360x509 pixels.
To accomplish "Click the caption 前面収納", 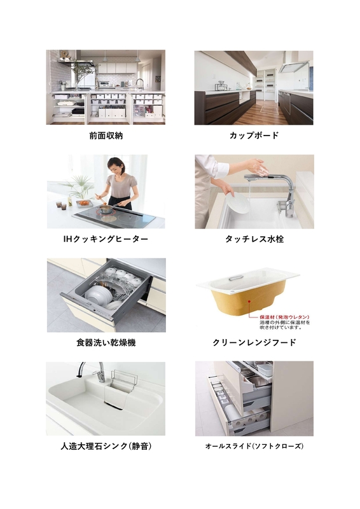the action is [x=106, y=136].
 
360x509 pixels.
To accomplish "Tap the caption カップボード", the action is [x=254, y=135].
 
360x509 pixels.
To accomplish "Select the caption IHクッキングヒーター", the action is [x=106, y=239].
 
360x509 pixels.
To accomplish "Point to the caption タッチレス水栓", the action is [x=254, y=239].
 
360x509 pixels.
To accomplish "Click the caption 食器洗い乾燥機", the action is [x=106, y=342].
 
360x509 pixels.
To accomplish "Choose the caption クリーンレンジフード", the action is [x=254, y=342].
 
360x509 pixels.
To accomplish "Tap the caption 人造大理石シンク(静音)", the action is [x=106, y=446].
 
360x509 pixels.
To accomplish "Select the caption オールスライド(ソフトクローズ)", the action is [x=254, y=446].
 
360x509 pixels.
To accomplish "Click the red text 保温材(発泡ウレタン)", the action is [x=284, y=317].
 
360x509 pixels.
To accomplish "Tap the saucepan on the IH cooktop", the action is [x=106, y=208].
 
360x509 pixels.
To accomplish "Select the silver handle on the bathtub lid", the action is [x=235, y=277].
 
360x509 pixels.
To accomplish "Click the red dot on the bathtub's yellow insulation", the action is [x=249, y=302].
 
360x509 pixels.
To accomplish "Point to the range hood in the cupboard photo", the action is [x=294, y=67].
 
